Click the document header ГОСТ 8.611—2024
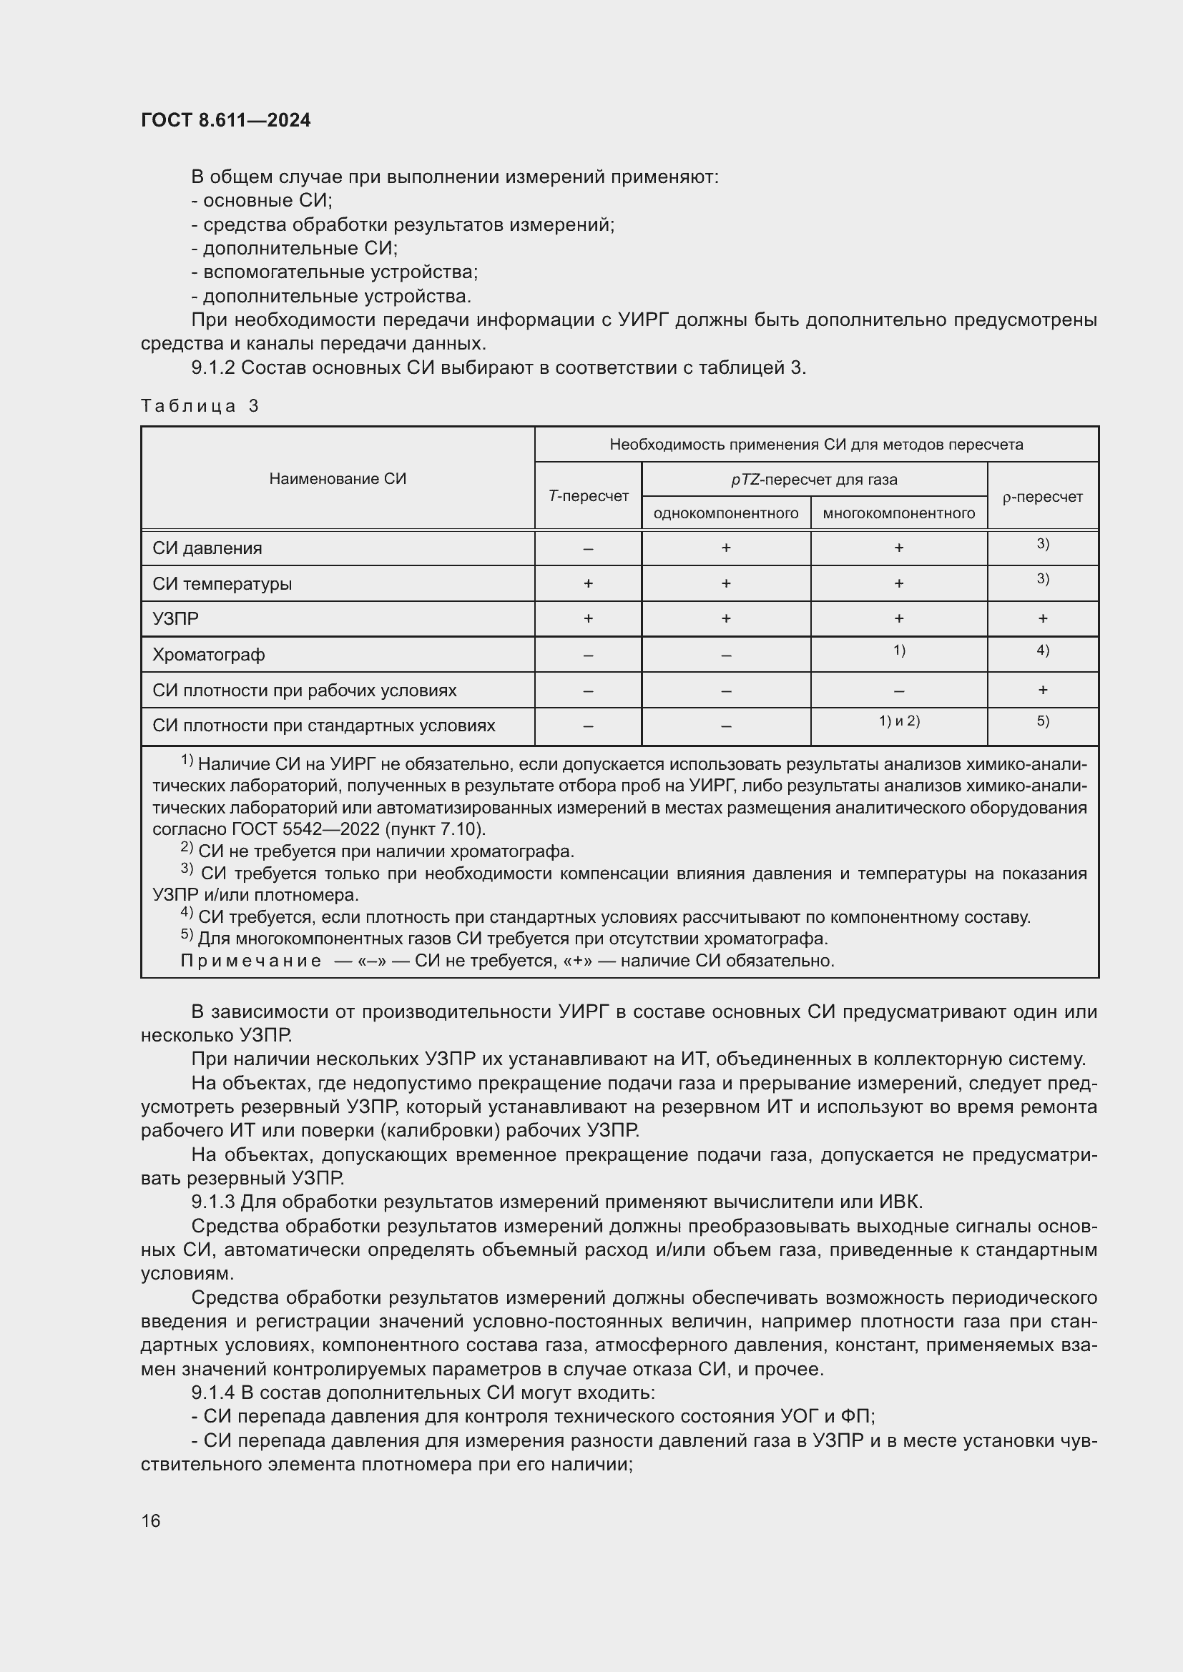(x=225, y=120)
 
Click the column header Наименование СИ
(x=338, y=478)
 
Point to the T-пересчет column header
(x=588, y=496)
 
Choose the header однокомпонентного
(x=725, y=513)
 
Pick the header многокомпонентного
(x=898, y=513)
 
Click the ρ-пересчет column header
(x=1042, y=497)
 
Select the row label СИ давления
(x=207, y=548)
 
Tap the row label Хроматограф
(x=208, y=655)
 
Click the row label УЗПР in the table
(x=175, y=619)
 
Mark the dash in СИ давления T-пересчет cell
(x=588, y=548)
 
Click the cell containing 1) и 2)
(x=899, y=721)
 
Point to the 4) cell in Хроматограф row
(x=1042, y=651)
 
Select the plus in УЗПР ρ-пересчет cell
(x=1042, y=619)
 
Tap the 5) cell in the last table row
(x=1042, y=721)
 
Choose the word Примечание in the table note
(x=250, y=961)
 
